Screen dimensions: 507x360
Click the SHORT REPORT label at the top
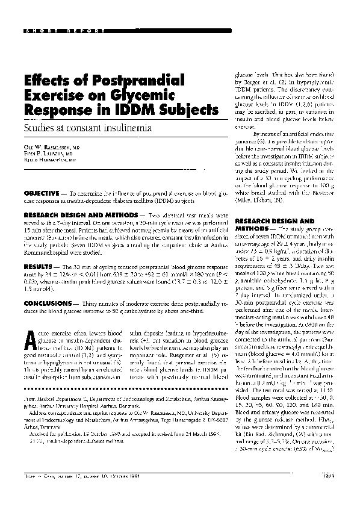[57, 30]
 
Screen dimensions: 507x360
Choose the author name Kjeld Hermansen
[53, 161]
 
